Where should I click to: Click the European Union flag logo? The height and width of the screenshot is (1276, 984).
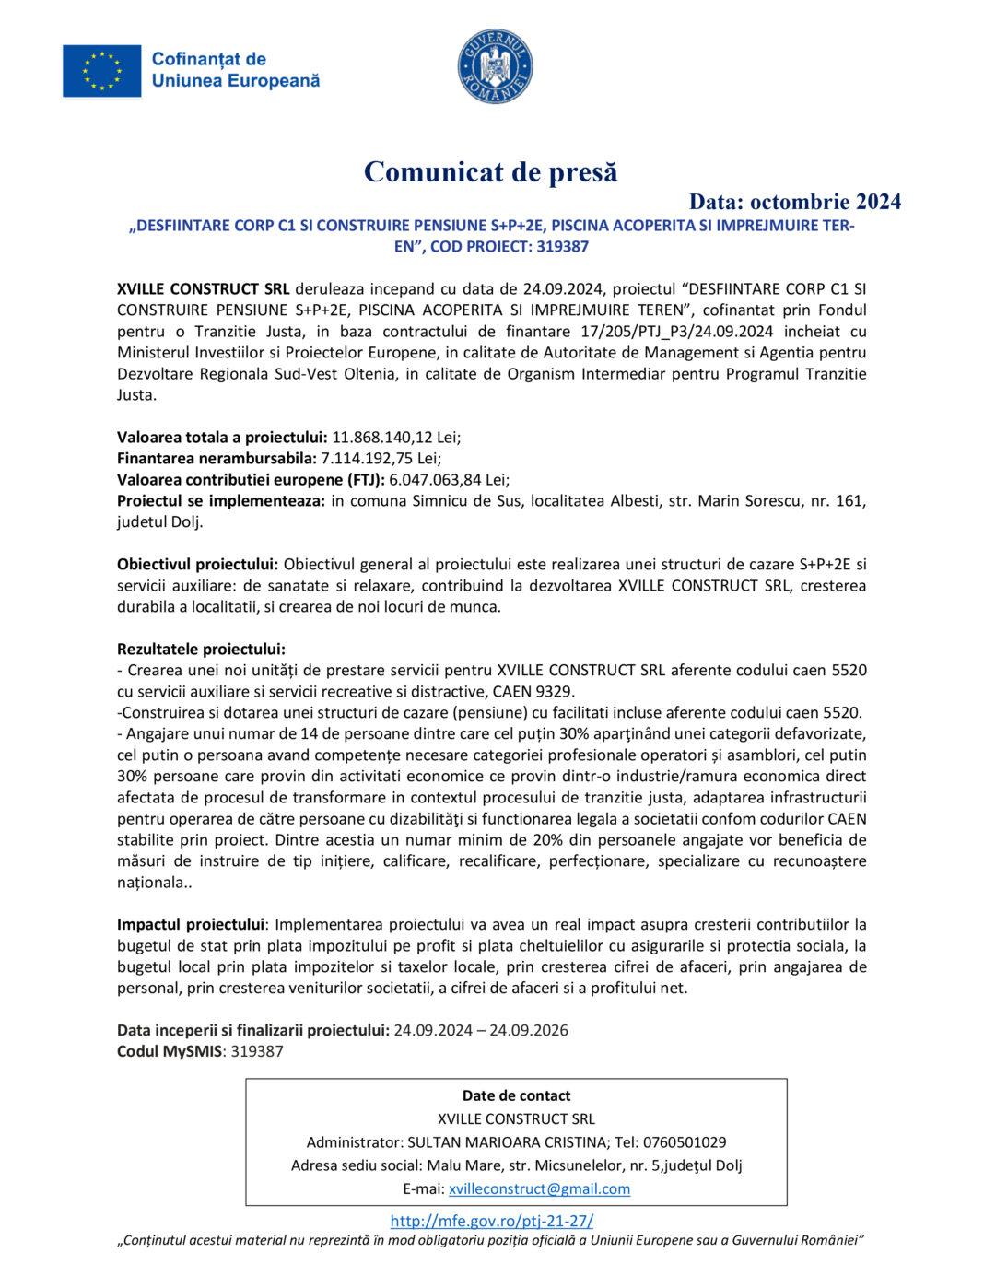(x=101, y=71)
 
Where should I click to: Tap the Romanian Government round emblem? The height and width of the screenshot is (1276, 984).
(x=496, y=66)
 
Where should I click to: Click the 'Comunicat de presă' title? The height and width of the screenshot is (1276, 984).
(x=490, y=172)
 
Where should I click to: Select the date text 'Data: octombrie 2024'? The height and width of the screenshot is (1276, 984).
(x=794, y=202)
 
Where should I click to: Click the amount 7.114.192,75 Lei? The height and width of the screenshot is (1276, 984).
(x=381, y=459)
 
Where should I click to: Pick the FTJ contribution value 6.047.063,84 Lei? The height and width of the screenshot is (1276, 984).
(x=449, y=480)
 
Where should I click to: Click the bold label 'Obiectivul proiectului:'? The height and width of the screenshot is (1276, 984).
(x=197, y=565)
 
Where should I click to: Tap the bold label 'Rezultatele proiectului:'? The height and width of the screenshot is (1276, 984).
(x=201, y=650)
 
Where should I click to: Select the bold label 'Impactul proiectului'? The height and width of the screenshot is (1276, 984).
(x=191, y=925)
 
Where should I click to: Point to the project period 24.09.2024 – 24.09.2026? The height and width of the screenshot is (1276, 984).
(x=481, y=1031)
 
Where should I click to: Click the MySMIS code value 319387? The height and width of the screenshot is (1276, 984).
(x=257, y=1052)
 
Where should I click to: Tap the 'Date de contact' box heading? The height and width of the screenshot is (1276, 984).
(x=516, y=1096)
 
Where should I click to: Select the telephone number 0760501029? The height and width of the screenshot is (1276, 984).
(x=685, y=1142)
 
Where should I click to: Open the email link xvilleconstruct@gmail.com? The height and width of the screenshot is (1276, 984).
(x=539, y=1189)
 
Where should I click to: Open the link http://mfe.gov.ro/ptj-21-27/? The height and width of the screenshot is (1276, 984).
(x=492, y=1222)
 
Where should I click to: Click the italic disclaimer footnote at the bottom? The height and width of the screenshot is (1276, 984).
(x=490, y=1241)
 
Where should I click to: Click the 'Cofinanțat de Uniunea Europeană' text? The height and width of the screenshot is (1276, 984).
(x=236, y=70)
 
